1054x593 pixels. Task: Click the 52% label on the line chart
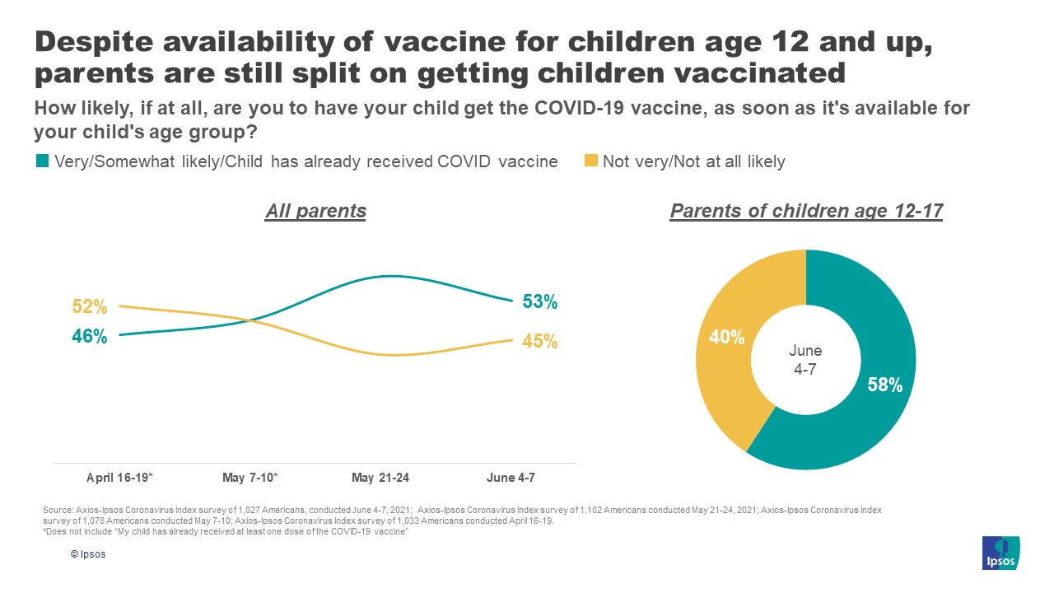click(x=89, y=306)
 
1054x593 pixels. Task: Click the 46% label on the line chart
click(x=89, y=336)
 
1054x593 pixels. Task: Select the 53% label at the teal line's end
click(x=540, y=302)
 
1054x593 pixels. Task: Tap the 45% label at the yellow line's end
click(x=540, y=341)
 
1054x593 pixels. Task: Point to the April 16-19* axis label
click(x=120, y=478)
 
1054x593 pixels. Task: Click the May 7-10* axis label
click(x=250, y=478)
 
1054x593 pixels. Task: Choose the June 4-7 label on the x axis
click(x=511, y=478)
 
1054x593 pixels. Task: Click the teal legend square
click(x=42, y=161)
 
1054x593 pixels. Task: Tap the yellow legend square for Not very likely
click(x=590, y=161)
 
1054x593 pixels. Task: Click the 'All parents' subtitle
click(x=315, y=211)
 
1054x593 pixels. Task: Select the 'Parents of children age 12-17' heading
click(x=806, y=211)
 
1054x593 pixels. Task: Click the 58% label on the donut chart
click(x=885, y=385)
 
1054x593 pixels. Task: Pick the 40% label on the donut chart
click(x=728, y=337)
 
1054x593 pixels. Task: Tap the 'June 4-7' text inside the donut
click(x=805, y=360)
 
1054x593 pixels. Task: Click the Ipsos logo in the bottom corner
click(x=1001, y=553)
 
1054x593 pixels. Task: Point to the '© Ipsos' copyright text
click(x=88, y=554)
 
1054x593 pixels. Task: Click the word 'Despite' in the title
click(x=96, y=43)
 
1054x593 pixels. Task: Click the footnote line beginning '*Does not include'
click(x=226, y=532)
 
